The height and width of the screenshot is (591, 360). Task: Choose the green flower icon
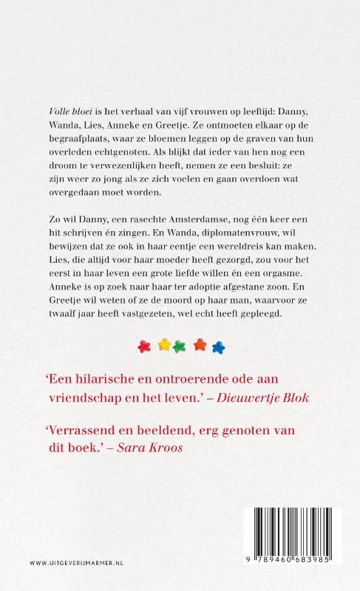click(x=181, y=365)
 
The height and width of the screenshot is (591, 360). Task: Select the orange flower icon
click(x=200, y=365)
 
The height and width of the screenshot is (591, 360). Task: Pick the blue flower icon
click(x=217, y=365)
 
